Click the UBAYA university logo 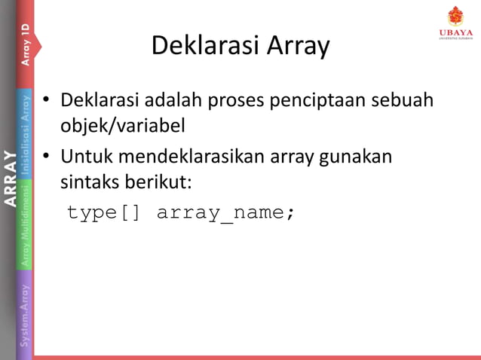coord(455,23)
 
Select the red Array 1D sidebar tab coord(26,44)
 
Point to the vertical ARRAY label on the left coord(9,178)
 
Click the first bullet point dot coord(47,100)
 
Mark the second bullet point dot coord(47,157)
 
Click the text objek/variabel coord(123,124)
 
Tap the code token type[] coord(103,213)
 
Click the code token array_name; coord(225,213)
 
